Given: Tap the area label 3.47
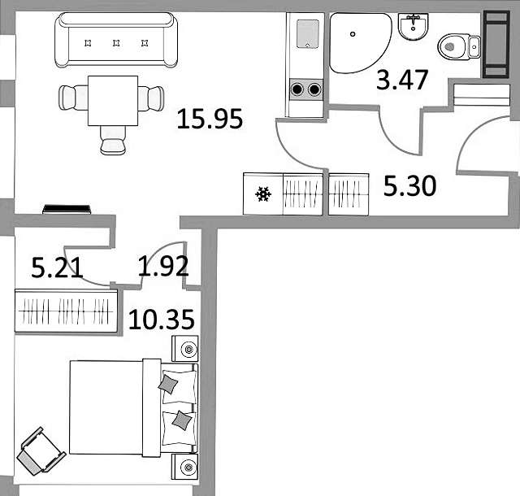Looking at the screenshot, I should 402,81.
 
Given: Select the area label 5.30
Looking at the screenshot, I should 409,188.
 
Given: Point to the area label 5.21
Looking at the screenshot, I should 57,267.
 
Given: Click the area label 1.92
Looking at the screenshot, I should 162,267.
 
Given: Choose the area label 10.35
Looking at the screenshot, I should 161,319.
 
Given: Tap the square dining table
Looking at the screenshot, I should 112,100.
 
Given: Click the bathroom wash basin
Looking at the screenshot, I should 415,28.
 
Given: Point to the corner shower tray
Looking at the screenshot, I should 357,41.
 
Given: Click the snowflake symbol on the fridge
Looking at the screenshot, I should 262,194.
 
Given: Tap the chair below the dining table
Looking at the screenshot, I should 113,140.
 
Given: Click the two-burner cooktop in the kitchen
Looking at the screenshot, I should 306,88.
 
